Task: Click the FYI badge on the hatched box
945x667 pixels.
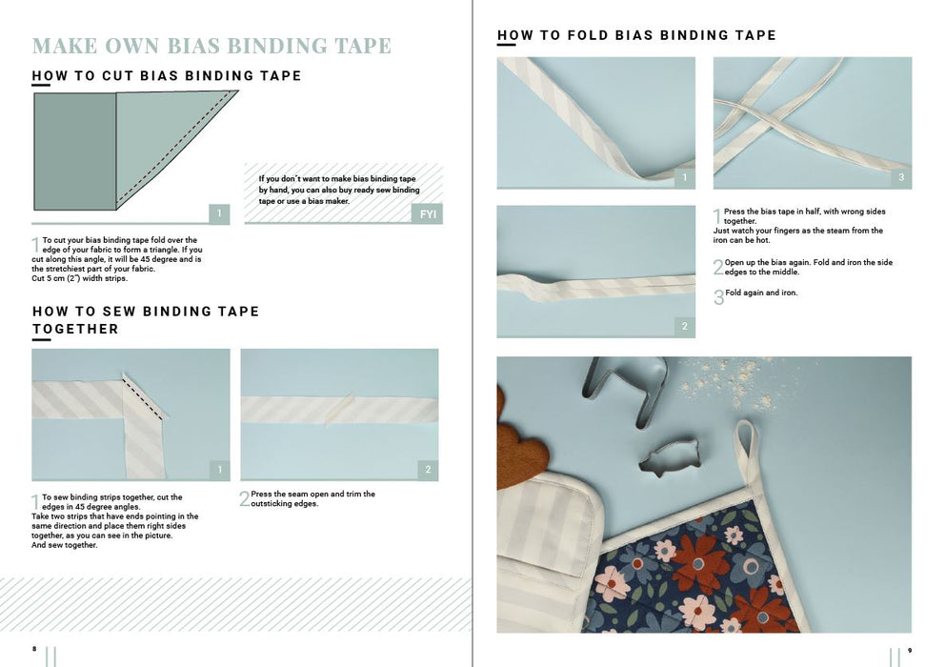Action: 428,214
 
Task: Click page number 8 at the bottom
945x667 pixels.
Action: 34,649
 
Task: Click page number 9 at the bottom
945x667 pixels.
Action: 910,650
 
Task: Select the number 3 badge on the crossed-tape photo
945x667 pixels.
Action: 901,177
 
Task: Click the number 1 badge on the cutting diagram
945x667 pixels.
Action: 219,213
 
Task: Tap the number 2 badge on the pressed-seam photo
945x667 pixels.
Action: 428,470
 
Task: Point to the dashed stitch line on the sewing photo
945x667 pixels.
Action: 144,396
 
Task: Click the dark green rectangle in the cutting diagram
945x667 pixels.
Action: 74,152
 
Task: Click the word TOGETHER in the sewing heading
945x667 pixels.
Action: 75,330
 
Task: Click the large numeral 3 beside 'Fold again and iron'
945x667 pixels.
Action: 718,296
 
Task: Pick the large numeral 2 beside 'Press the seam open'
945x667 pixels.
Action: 244,498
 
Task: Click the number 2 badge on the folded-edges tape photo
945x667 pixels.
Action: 685,326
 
